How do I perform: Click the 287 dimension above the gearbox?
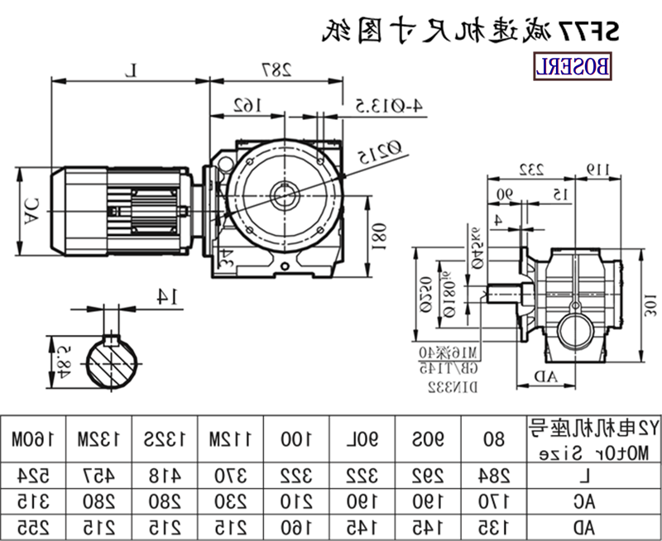[x=279, y=69]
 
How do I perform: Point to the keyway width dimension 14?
[x=169, y=295]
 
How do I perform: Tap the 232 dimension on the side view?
[x=530, y=169]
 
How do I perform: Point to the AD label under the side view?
[x=545, y=377]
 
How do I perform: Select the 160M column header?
[x=31, y=438]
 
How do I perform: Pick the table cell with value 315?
[x=31, y=500]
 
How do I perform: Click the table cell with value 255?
[x=31, y=526]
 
